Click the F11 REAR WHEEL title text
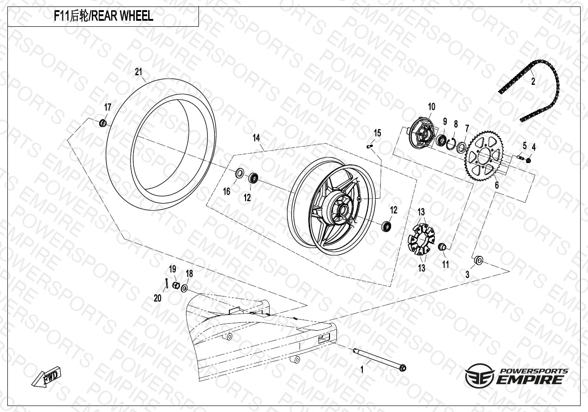coord(103,17)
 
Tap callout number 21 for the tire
coord(138,72)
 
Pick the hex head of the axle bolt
coord(403,368)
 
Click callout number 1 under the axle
coord(362,370)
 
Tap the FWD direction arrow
coord(47,377)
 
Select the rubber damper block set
coord(421,239)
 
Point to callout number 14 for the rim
coord(256,138)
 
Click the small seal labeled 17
coord(103,123)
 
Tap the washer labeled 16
coord(240,174)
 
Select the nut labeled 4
coord(529,160)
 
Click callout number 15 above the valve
coord(378,133)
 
